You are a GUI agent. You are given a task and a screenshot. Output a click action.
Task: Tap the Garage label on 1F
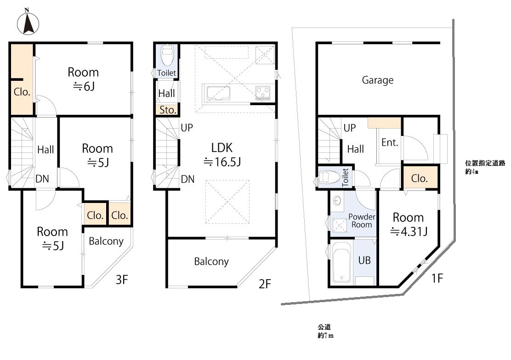(x=378, y=80)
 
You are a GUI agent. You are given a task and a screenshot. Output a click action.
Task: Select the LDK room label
(x=222, y=147)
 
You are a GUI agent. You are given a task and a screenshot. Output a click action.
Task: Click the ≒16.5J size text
(x=222, y=162)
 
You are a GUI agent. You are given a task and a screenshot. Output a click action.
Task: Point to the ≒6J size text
(x=84, y=86)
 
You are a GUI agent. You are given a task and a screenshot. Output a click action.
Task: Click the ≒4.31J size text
(x=409, y=231)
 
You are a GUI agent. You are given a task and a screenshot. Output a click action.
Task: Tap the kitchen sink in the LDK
(x=218, y=93)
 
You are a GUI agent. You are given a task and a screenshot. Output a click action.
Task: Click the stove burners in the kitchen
(x=263, y=92)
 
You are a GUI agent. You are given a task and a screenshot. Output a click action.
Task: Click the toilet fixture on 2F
(x=166, y=56)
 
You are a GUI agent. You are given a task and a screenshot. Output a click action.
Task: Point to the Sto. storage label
(x=168, y=110)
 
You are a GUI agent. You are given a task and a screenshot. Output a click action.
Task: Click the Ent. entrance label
(x=390, y=142)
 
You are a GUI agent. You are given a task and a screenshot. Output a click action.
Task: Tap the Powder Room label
(x=362, y=220)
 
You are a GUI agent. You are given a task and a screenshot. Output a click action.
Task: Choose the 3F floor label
(x=122, y=280)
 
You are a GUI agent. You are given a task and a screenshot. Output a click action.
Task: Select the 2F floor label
(x=265, y=284)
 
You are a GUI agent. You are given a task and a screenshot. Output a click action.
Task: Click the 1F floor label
(x=437, y=278)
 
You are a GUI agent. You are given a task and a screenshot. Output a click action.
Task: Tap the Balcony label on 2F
(x=211, y=261)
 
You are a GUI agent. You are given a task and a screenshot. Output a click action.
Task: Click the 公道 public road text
(x=324, y=327)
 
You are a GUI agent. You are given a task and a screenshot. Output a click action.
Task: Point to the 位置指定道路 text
(x=485, y=163)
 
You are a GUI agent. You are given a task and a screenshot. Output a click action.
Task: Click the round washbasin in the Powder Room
(x=337, y=200)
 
